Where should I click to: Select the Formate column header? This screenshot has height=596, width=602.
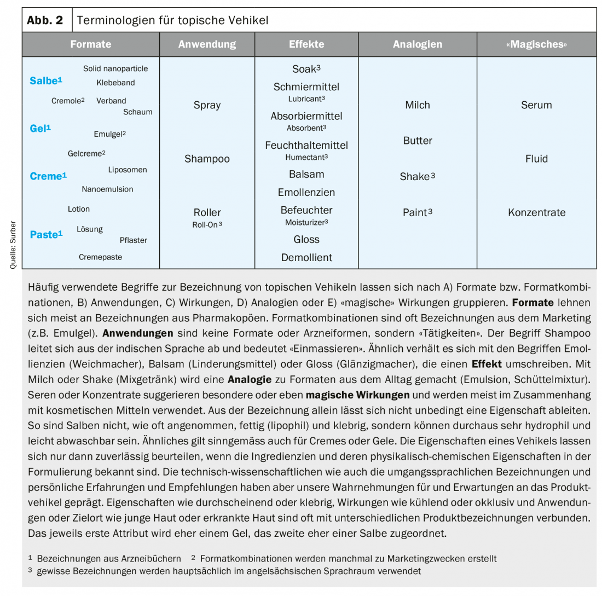coord(91,44)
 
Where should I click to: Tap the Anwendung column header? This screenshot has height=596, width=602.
coord(207,44)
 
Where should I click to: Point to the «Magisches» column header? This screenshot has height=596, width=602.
coord(536,44)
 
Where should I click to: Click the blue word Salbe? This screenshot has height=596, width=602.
coord(44,81)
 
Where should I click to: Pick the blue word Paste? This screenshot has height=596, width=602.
coord(44,235)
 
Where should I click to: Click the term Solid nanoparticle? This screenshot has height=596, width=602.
coord(115,68)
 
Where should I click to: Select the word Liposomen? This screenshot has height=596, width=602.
coord(128,170)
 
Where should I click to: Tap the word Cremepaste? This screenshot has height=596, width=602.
coord(100,257)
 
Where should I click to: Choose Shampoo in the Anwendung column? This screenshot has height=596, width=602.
coord(207,159)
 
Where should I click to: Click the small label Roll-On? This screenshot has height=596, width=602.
coord(206,224)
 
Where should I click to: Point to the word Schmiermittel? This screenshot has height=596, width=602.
coord(306,87)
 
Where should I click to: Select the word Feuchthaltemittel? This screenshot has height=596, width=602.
coord(306,146)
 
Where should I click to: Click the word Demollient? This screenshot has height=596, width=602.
coord(306,258)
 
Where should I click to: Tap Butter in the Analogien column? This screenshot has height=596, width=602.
coord(418,141)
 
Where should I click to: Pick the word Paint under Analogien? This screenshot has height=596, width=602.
coord(415,212)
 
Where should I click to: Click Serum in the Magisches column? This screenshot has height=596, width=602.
coord(536,105)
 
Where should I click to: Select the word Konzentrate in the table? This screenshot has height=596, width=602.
coord(536,212)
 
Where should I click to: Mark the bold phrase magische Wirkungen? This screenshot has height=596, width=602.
coord(357,395)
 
